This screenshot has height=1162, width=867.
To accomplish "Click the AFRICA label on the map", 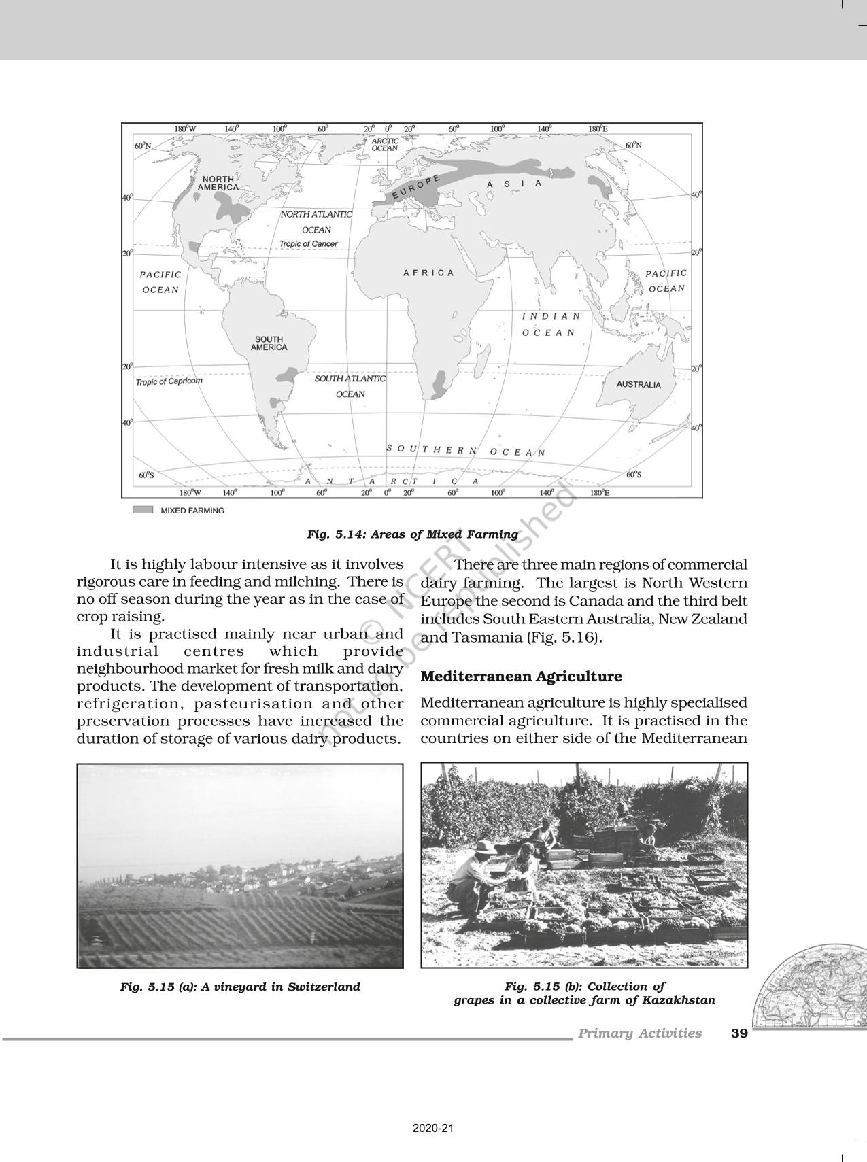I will tap(428, 273).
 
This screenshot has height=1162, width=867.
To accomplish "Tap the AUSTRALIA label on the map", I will tap(638, 385).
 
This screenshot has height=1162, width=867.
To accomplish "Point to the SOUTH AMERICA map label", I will tap(269, 343).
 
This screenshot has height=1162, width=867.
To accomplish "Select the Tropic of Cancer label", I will tap(308, 244).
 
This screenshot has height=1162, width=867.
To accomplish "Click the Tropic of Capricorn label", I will tap(169, 381).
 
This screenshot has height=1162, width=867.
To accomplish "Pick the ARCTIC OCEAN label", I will tap(385, 144).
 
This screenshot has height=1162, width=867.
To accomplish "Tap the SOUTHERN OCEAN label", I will tap(466, 450).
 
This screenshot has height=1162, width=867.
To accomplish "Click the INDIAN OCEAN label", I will tap(550, 324).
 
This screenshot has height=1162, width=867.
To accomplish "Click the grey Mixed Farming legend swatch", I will tap(143, 510).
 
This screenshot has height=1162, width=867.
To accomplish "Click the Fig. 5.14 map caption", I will tap(412, 534).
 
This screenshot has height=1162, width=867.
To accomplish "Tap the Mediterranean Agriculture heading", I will tap(521, 677).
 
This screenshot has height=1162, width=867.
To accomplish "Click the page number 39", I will tap(739, 1033).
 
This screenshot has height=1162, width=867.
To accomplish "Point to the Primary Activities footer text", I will tap(639, 1033).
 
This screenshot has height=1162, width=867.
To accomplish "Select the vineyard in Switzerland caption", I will tap(240, 987).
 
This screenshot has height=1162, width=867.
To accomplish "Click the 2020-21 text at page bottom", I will tap(432, 1129).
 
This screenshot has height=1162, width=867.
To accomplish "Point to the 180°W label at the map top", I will tap(184, 129).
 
